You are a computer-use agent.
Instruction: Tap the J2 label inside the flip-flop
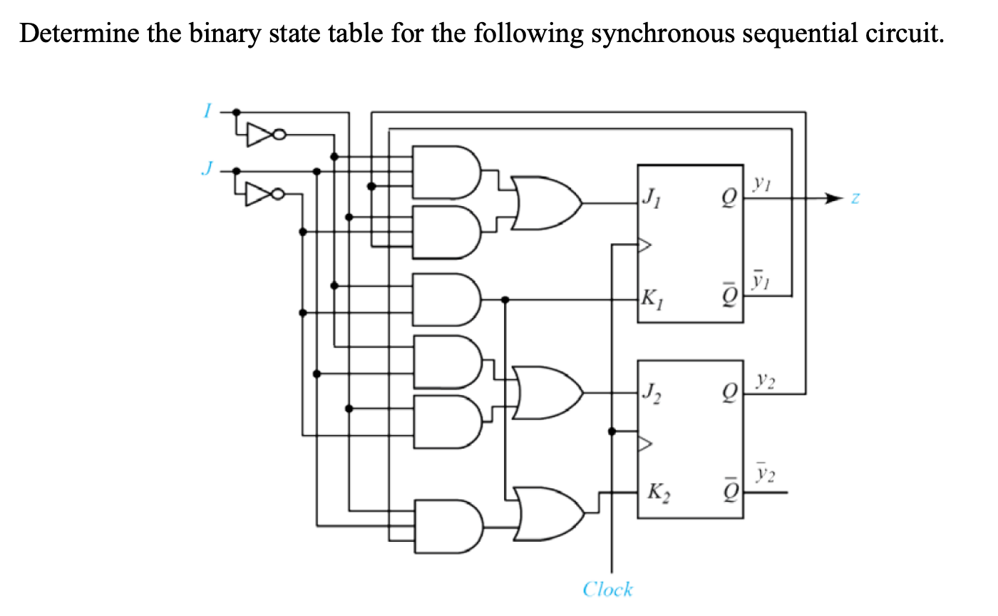pyautogui.click(x=652, y=391)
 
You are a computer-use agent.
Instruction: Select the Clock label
pyautogui.click(x=607, y=589)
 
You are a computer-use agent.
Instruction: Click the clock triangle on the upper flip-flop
pyautogui.click(x=644, y=246)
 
